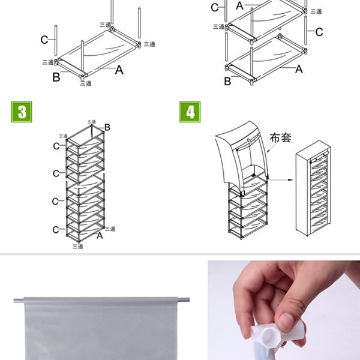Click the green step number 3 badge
pos(22,112)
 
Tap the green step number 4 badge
pos(190,112)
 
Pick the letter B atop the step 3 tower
pos(107,127)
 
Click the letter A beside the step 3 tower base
pos(100,236)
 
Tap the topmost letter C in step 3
pos(56,146)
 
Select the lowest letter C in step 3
pos(56,229)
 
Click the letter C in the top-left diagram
pos(44,40)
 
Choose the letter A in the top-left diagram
pos(119,70)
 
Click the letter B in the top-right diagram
pos(227,82)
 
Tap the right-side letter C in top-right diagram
pos(319,32)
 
